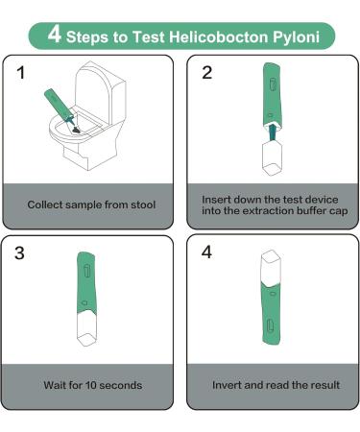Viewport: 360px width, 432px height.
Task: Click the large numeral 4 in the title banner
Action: (x=55, y=35)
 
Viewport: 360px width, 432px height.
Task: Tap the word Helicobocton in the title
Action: (x=219, y=36)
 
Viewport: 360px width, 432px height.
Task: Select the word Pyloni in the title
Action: (x=296, y=37)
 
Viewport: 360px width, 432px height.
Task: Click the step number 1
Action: (x=21, y=73)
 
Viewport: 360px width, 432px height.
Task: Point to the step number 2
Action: (x=207, y=73)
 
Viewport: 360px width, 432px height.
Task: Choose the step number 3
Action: (x=19, y=252)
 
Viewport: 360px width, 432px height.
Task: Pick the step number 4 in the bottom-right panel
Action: (x=206, y=252)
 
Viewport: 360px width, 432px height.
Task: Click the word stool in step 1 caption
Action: (x=143, y=204)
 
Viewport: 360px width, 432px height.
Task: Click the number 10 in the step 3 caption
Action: (x=91, y=385)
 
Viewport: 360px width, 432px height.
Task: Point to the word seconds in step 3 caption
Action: (x=121, y=385)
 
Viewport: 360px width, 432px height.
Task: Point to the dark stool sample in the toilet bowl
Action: (x=76, y=130)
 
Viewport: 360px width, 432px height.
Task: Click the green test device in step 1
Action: (x=60, y=107)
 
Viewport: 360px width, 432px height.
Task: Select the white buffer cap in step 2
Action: (x=273, y=158)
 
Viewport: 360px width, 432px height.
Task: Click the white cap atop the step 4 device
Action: (x=271, y=268)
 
